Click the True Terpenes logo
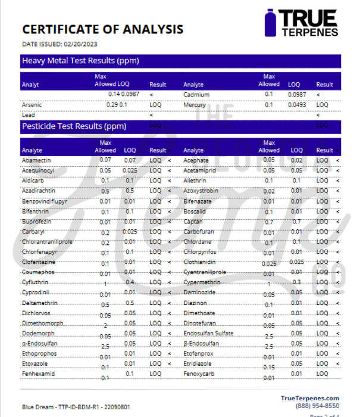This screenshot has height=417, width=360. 302,23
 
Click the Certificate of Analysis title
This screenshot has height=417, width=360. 102,29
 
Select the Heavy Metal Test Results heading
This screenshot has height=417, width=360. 80,61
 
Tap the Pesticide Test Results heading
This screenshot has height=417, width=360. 74,126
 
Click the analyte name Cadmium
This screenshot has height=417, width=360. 196,94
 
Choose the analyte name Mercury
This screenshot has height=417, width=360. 195,105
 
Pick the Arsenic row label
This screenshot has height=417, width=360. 32,105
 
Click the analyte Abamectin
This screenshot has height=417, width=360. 36,160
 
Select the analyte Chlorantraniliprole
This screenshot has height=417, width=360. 47,242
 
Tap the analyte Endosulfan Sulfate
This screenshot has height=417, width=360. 208,334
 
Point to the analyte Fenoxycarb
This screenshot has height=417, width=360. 200,374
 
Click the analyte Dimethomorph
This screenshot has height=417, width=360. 42,323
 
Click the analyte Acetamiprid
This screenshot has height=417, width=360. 202,170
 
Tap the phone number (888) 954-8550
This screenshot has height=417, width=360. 318,406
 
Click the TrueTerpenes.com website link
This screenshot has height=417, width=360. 310,398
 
